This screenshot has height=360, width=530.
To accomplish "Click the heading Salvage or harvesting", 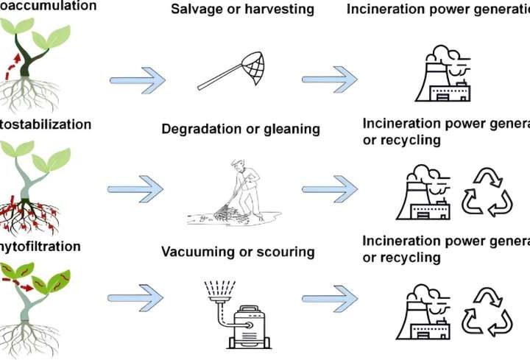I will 231,10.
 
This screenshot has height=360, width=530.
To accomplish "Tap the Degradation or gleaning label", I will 241,130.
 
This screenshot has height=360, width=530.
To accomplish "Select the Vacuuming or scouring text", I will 238,253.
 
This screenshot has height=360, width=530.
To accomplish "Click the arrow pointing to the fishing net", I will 138,79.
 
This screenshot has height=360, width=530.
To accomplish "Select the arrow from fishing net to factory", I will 329,79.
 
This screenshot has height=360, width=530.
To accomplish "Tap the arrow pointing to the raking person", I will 136,189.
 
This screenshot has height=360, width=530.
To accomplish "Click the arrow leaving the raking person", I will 329,189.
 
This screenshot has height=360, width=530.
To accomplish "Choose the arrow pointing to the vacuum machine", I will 136,298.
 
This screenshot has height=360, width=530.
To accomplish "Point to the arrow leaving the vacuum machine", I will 329,298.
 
